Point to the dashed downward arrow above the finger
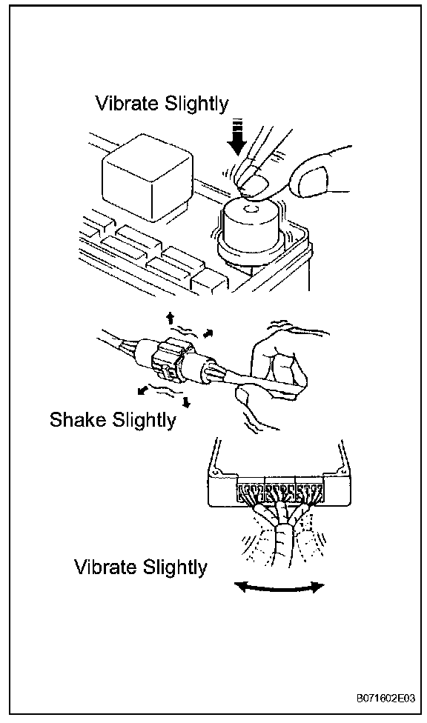pyautogui.click(x=238, y=137)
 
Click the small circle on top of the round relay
pyautogui.click(x=251, y=210)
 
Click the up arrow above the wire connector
pyautogui.click(x=171, y=318)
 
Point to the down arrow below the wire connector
pyautogui.click(x=186, y=402)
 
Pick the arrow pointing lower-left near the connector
pyautogui.click(x=144, y=390)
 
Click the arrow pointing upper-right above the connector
pyautogui.click(x=208, y=332)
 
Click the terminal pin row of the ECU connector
pyautogui.click(x=279, y=493)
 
